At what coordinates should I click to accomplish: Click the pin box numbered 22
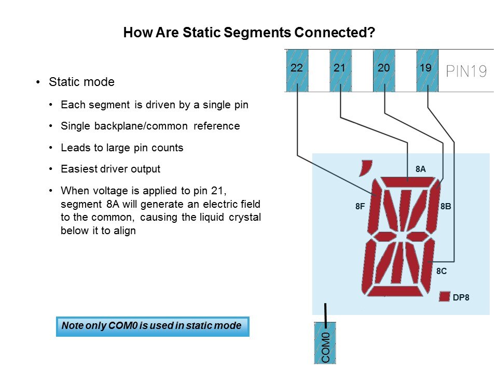pyautogui.click(x=297, y=70)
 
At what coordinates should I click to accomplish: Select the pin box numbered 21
pyautogui.click(x=340, y=70)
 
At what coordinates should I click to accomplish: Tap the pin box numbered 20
pyautogui.click(x=384, y=70)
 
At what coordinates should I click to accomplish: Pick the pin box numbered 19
pyautogui.click(x=427, y=70)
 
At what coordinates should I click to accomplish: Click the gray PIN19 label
pyautogui.click(x=466, y=71)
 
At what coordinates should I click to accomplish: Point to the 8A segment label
pyautogui.click(x=421, y=169)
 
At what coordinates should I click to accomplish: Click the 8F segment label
pyautogui.click(x=360, y=207)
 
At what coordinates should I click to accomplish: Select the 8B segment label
pyautogui.click(x=446, y=207)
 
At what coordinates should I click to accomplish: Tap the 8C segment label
pyautogui.click(x=441, y=271)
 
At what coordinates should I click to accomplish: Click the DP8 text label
pyautogui.click(x=461, y=297)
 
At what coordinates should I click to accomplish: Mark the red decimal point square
pyautogui.click(x=445, y=296)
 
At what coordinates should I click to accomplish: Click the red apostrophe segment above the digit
pyautogui.click(x=366, y=167)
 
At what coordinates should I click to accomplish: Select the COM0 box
pyautogui.click(x=325, y=343)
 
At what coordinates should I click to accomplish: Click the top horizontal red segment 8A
pyautogui.click(x=408, y=182)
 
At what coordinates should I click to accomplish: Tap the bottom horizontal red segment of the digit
pyautogui.click(x=395, y=291)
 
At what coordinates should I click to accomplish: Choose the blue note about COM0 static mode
pyautogui.click(x=153, y=326)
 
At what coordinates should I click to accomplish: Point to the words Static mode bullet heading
pyautogui.click(x=81, y=82)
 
